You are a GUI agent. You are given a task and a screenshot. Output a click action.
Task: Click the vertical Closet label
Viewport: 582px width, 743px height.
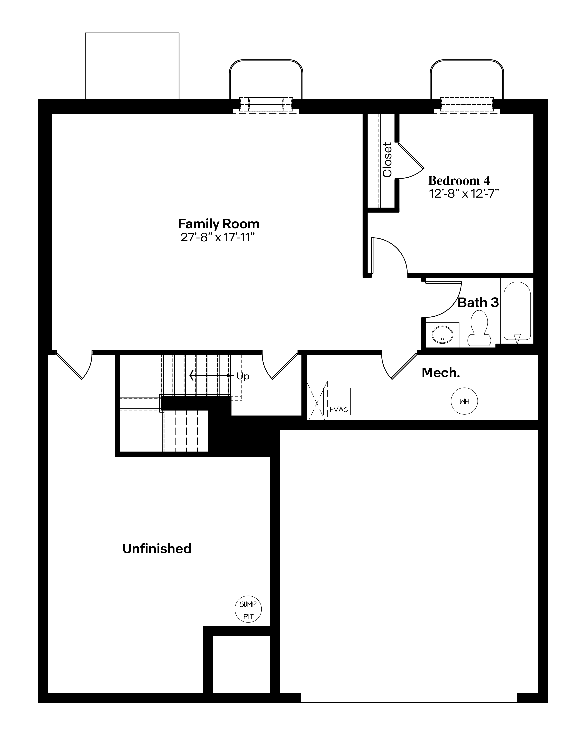(387, 160)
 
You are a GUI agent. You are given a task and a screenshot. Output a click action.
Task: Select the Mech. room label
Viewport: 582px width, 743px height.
(441, 373)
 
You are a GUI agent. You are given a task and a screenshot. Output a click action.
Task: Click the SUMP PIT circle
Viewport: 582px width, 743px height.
(248, 609)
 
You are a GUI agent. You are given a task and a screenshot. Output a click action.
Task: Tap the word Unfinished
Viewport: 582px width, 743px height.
(157, 549)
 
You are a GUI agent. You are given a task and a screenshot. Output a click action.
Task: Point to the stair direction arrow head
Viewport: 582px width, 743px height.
(191, 376)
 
